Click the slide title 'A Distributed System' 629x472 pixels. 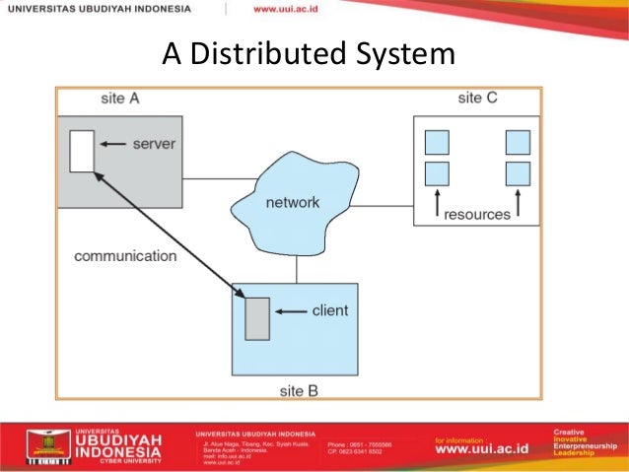[x=309, y=54]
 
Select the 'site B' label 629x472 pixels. [x=299, y=390]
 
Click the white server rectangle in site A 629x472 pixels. [x=82, y=150]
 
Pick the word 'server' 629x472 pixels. [x=153, y=144]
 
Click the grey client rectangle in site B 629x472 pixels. [x=257, y=317]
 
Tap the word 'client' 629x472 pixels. [x=329, y=310]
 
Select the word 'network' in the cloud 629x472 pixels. [x=293, y=203]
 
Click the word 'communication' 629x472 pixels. [x=125, y=256]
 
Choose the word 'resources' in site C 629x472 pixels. [x=477, y=214]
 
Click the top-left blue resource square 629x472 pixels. [x=437, y=142]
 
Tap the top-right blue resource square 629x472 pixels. [x=518, y=142]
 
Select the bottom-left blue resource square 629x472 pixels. [x=437, y=174]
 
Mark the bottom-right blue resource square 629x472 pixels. [x=518, y=174]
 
